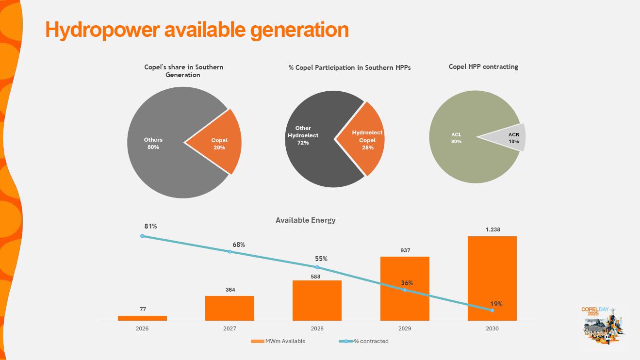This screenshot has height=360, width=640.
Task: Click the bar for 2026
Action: click(142, 318)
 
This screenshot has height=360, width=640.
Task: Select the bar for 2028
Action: click(317, 300)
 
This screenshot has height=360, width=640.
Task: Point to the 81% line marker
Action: click(142, 236)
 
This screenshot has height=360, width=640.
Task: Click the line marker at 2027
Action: click(230, 251)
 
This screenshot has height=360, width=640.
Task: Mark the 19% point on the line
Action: click(492, 310)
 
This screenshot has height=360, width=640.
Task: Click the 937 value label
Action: click(405, 250)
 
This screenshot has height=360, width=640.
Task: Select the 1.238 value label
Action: click(492, 229)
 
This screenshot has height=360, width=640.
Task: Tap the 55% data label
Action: click(321, 259)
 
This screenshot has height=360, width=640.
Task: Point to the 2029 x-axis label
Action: click(405, 328)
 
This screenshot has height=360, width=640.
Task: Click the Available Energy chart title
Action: click(305, 220)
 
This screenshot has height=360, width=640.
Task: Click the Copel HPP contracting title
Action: click(483, 67)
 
